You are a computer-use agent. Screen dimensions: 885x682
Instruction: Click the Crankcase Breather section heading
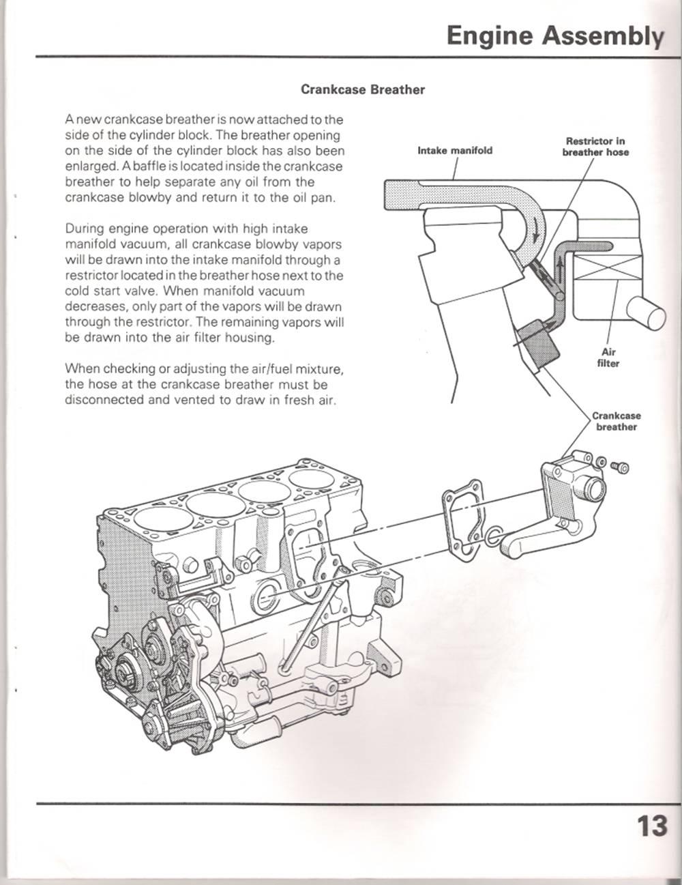(x=363, y=89)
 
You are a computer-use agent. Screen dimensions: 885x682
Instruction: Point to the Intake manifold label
(x=454, y=150)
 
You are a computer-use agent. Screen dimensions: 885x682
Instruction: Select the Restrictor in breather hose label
(x=595, y=147)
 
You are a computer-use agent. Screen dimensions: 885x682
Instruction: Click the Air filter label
(x=608, y=358)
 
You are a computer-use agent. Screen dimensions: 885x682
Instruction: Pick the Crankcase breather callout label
(x=616, y=421)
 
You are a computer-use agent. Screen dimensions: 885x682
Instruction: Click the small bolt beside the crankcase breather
(x=621, y=467)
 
